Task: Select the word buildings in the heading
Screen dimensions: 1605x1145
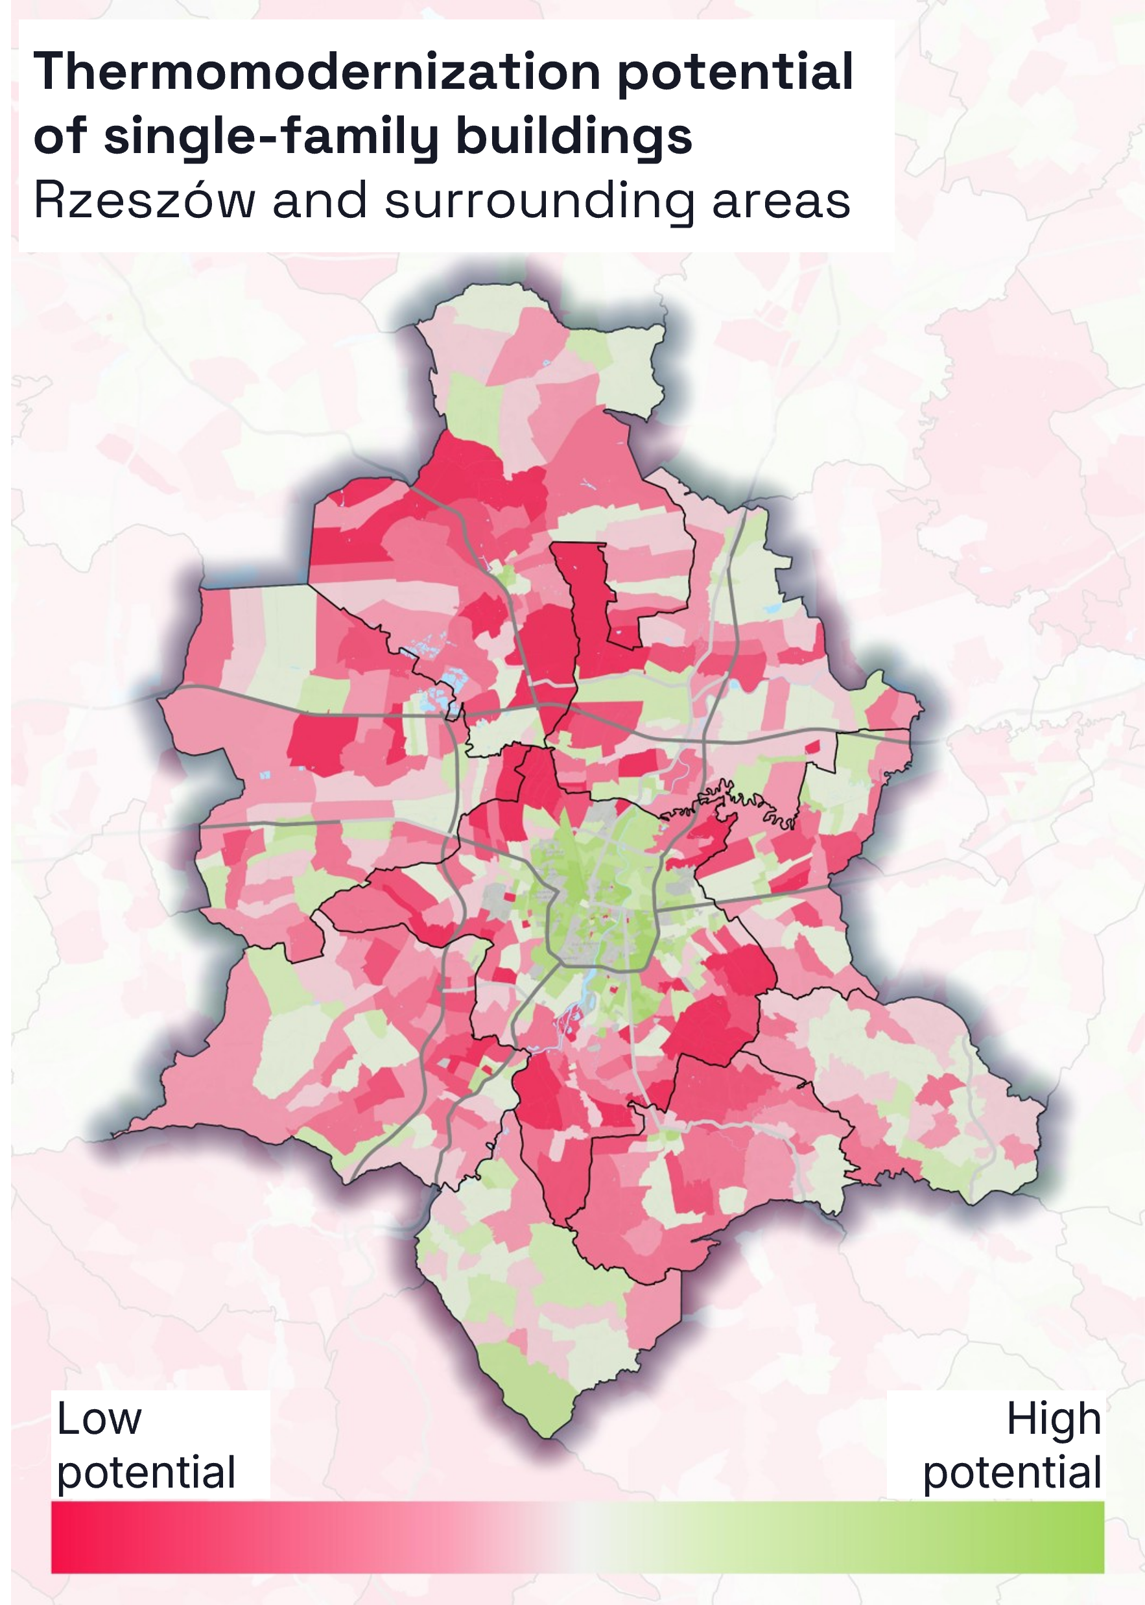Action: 574,137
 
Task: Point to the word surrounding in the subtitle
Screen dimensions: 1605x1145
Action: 539,202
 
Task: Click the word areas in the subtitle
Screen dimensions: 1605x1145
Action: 781,202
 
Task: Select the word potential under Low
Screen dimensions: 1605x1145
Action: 146,1473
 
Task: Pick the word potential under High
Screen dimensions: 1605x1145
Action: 1011,1473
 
